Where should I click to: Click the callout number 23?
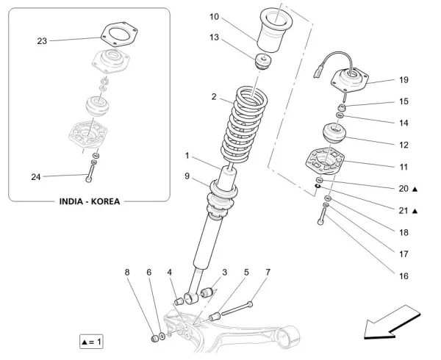click(x=42, y=41)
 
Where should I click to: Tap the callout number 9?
click(x=187, y=176)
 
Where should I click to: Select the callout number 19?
click(x=404, y=79)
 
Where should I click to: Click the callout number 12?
click(x=404, y=145)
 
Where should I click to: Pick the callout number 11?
click(x=404, y=167)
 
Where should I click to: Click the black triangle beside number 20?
click(x=415, y=190)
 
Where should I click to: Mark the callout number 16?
click(x=404, y=277)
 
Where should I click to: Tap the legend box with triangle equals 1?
click(x=92, y=342)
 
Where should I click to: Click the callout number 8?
click(x=127, y=272)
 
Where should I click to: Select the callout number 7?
click(x=268, y=272)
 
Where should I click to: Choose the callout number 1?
click(x=187, y=155)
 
